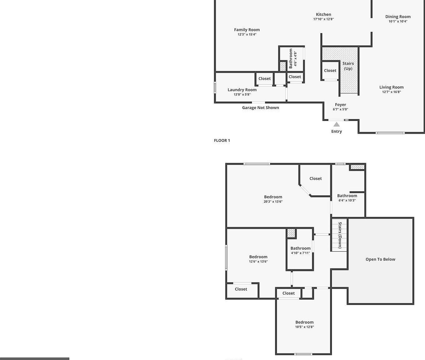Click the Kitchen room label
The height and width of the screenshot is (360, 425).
[x=324, y=14]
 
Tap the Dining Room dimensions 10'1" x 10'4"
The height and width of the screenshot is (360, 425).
[x=398, y=22]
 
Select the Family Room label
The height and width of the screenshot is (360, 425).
[x=247, y=30]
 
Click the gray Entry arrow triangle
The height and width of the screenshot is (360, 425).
[x=337, y=124]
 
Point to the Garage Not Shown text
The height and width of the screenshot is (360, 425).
[x=260, y=108]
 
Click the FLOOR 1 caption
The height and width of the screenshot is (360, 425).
[x=222, y=141]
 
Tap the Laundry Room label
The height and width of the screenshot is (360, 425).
[x=242, y=90]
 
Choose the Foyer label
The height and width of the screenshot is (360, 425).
[x=340, y=105]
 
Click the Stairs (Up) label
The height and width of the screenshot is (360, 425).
[x=348, y=66]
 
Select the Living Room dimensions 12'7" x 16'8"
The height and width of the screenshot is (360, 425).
[x=391, y=92]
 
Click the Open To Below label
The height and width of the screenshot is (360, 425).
[x=380, y=259]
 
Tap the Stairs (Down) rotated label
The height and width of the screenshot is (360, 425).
[x=340, y=235]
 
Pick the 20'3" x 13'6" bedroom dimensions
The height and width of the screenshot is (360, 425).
[x=273, y=202]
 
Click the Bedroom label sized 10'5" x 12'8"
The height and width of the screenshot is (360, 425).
[x=304, y=322]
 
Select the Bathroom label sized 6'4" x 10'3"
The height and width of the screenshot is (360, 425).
[x=347, y=196]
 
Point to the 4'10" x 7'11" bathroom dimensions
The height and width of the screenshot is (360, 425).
[x=300, y=253]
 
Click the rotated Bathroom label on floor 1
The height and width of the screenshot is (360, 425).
[x=291, y=58]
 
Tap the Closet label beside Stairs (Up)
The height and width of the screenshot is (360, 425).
[x=330, y=71]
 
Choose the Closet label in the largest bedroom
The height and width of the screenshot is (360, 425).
[x=315, y=178]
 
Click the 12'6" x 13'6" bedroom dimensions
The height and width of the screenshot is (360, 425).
[x=258, y=262]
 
